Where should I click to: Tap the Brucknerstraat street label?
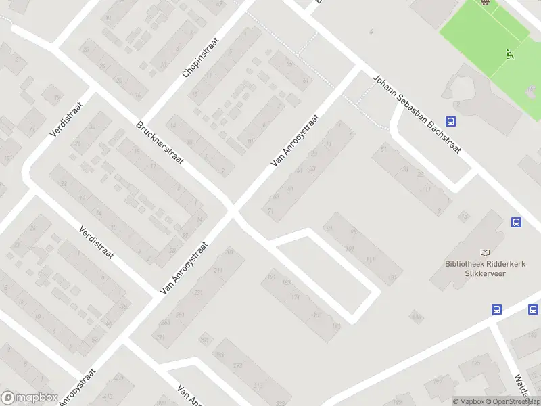click(x=160, y=147)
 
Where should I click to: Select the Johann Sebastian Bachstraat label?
click(x=417, y=115)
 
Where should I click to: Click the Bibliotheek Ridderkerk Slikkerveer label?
click(x=475, y=268)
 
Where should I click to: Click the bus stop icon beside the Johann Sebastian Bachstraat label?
click(x=452, y=122)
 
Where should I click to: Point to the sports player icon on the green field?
click(x=509, y=55)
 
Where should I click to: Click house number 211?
click(x=218, y=271)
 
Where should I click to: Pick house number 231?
click(x=198, y=293)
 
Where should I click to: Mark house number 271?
click(x=160, y=336)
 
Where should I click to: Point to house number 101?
click(x=350, y=249)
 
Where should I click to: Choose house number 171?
click(x=295, y=297)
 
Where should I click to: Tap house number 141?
click(x=335, y=326)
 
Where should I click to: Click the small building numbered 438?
click(x=416, y=317)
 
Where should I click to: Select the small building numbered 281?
click(x=205, y=340)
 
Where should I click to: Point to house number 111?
click(x=369, y=260)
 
